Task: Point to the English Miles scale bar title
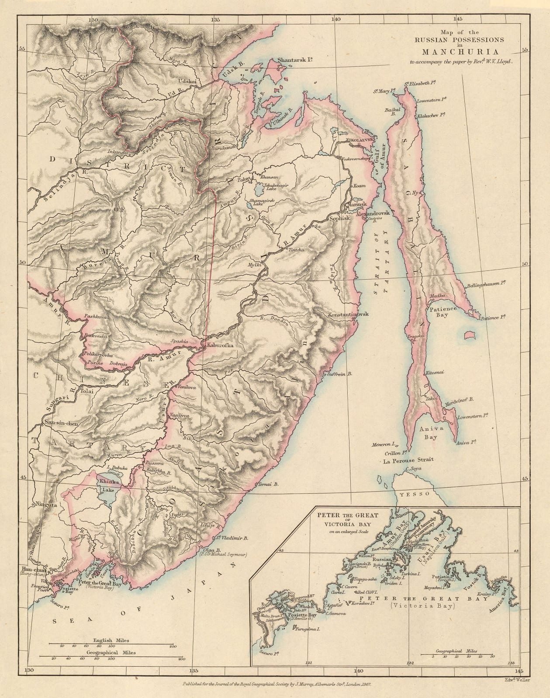tap(108, 640)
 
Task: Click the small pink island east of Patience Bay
tap(470, 335)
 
